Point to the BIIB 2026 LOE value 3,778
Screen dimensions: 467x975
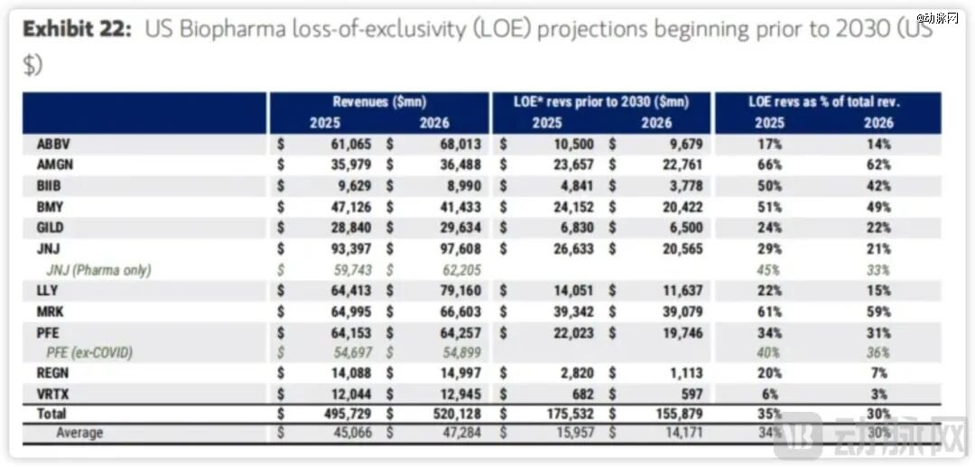point(683,186)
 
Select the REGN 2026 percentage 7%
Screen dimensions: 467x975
point(879,374)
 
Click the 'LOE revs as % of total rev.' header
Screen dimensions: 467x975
point(825,102)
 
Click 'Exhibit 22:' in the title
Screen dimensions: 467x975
point(78,29)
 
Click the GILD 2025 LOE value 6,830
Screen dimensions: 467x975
point(572,228)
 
